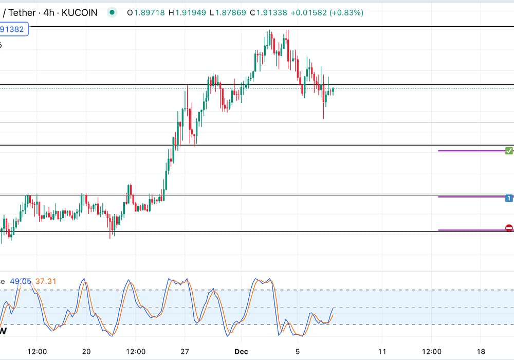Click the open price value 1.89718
[150, 12]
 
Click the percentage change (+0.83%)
[347, 12]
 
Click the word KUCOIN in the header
[79, 12]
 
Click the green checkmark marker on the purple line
[509, 151]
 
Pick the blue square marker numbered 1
[509, 198]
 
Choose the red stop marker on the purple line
[509, 228]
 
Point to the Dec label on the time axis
[241, 351]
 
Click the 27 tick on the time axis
[185, 351]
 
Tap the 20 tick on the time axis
[86, 351]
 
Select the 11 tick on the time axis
[381, 351]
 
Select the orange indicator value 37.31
[46, 281]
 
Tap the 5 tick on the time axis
[298, 351]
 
